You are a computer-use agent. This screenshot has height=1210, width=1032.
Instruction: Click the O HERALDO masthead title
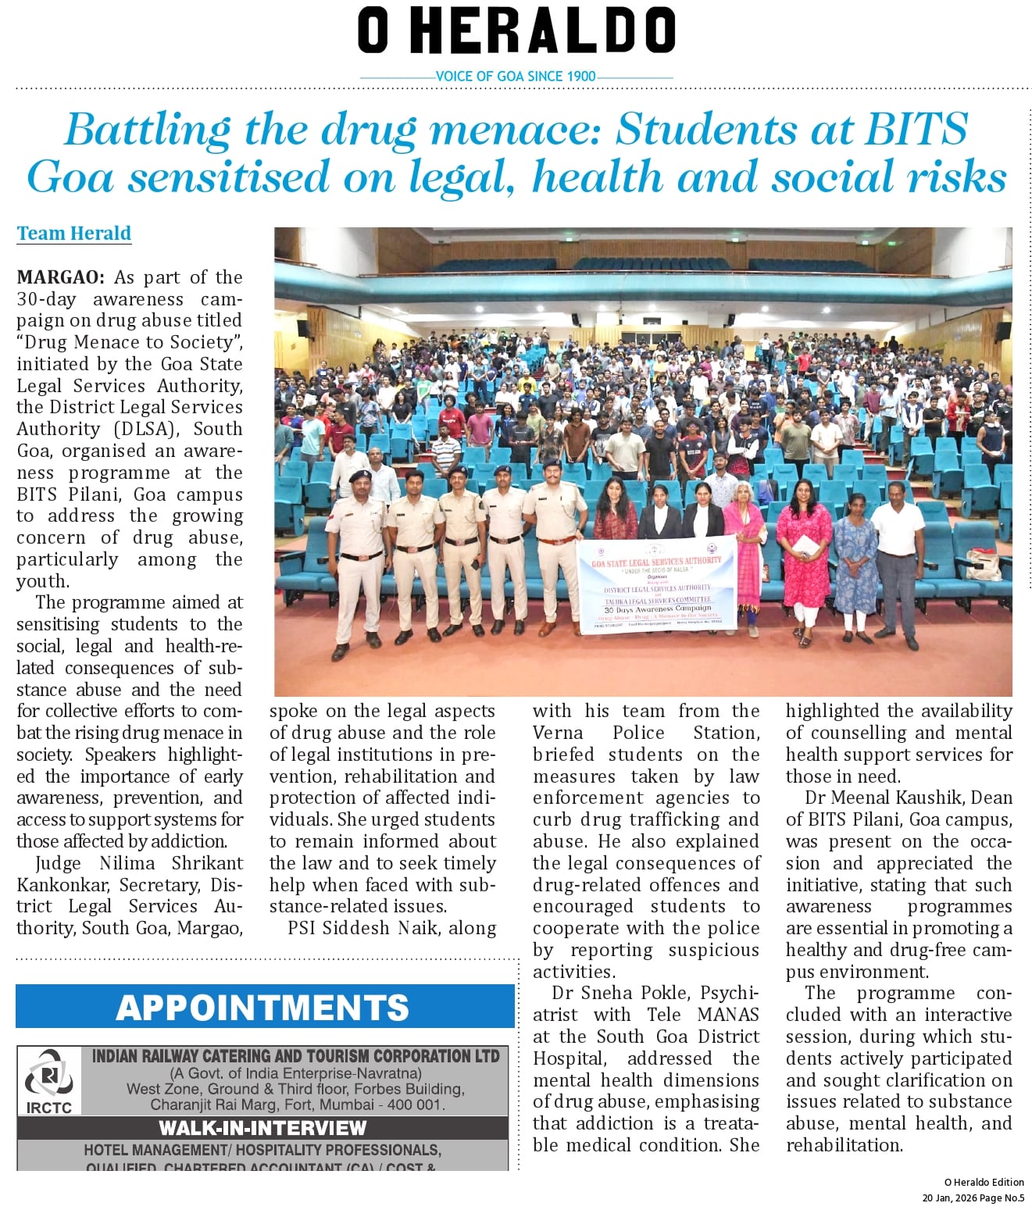516,31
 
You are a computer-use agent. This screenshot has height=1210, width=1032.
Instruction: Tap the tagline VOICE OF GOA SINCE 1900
516,77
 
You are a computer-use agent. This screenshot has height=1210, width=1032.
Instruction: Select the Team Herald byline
74,234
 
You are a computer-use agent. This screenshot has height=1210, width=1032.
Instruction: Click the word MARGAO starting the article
59,278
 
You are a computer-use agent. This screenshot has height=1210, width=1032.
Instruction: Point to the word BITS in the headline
915,130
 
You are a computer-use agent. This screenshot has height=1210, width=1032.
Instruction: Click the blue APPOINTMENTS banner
264,1007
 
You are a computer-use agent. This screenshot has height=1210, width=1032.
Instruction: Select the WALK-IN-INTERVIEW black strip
262,1128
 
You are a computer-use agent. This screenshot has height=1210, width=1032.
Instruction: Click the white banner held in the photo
656,585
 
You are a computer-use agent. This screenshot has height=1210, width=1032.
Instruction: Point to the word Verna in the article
558,733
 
